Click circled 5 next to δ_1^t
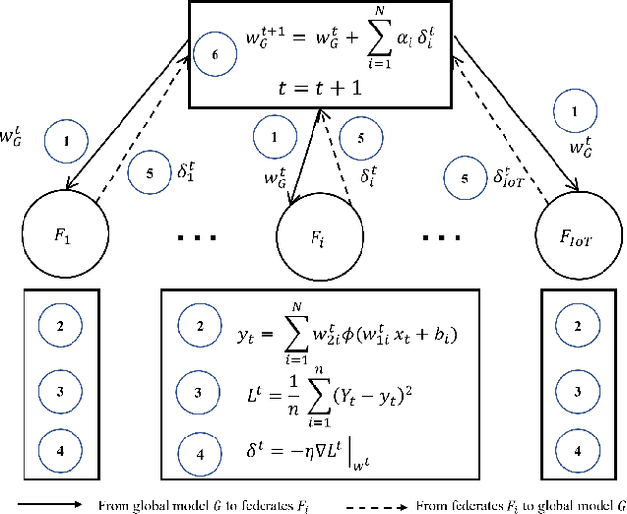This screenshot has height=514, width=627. pyautogui.click(x=147, y=173)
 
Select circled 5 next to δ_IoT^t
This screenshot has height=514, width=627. pyautogui.click(x=463, y=178)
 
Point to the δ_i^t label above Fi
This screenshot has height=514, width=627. pyautogui.click(x=368, y=177)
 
